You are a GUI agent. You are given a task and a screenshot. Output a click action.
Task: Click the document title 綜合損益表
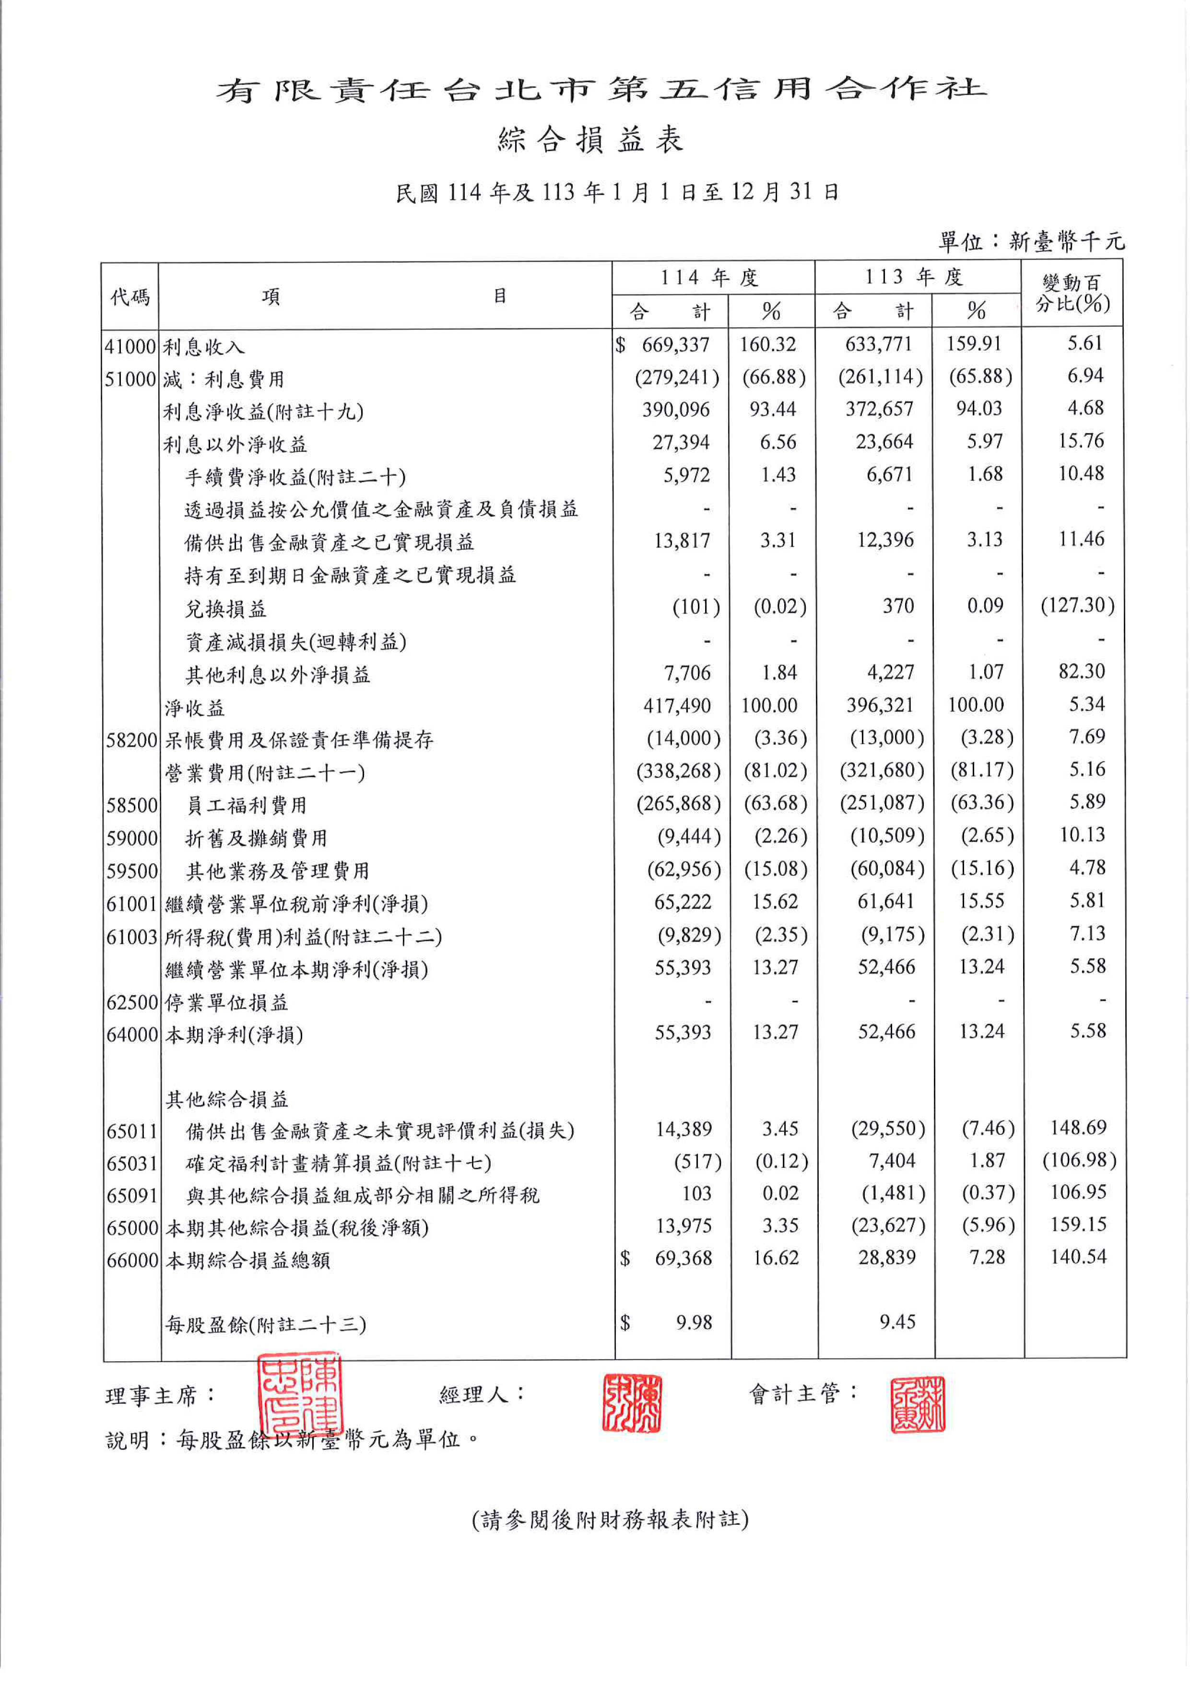590,139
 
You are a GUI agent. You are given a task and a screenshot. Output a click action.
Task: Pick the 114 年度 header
708,278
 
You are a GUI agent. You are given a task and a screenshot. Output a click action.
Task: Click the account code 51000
130,379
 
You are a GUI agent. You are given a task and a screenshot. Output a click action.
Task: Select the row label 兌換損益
226,608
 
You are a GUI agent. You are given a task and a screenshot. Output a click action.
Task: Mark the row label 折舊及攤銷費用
256,838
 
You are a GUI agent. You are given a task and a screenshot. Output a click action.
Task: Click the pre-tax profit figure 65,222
682,902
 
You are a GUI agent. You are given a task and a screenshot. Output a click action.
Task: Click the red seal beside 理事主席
299,1395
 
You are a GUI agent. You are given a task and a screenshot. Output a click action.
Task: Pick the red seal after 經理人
631,1404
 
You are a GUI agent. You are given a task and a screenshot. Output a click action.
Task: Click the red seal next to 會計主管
917,1404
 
